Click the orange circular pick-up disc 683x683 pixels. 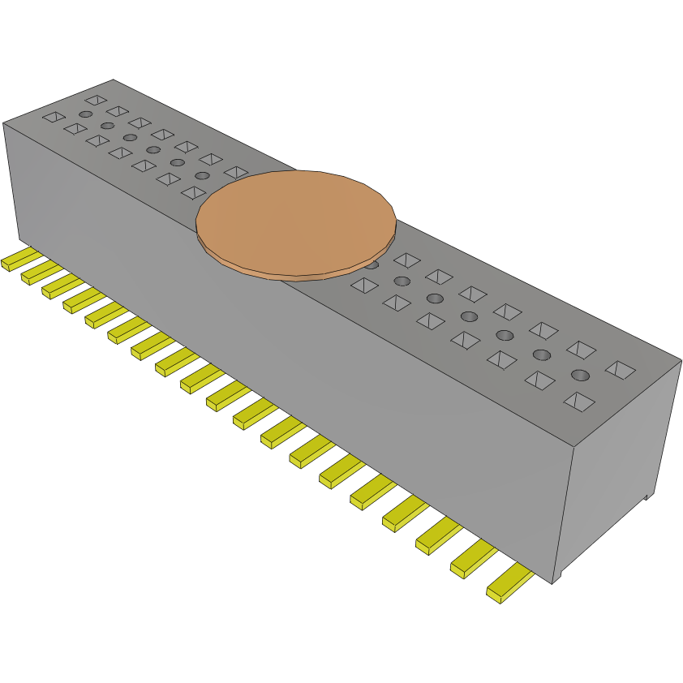(x=296, y=220)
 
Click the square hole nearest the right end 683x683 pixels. (x=621, y=370)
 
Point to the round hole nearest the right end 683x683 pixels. (x=579, y=375)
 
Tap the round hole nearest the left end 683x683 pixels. (x=85, y=114)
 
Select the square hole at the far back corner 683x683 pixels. (x=96, y=100)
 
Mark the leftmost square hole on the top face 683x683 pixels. (x=54, y=117)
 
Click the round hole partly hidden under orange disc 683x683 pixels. (x=372, y=264)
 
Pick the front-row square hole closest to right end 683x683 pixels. (x=578, y=400)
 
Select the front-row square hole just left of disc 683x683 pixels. (x=193, y=192)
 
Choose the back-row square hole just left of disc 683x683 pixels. (x=236, y=172)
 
